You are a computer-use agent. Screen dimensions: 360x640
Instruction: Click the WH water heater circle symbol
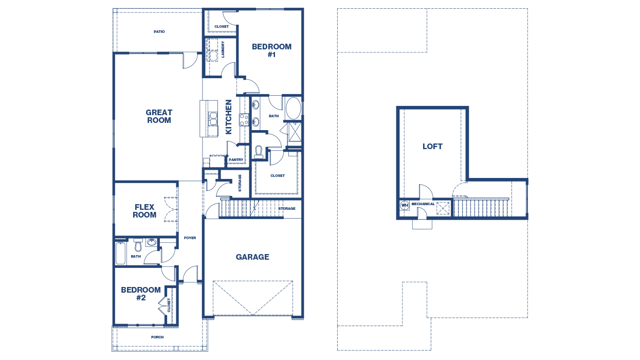pyautogui.click(x=405, y=205)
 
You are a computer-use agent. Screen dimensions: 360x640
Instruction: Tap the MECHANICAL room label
pyautogui.click(x=423, y=204)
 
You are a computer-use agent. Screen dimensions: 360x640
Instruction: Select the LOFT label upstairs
pyautogui.click(x=432, y=147)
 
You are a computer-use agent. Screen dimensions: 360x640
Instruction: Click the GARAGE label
pyautogui.click(x=252, y=257)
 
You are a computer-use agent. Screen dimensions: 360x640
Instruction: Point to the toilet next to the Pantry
pyautogui.click(x=259, y=152)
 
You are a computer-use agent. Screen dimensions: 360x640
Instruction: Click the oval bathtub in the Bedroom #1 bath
pyautogui.click(x=294, y=109)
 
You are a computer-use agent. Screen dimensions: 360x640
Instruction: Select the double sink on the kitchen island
pyautogui.click(x=213, y=119)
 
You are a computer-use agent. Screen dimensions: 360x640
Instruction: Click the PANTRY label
pyautogui.click(x=236, y=160)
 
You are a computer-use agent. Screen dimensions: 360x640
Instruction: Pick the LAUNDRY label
pyautogui.click(x=223, y=49)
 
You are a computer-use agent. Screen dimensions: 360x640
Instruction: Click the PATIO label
pyautogui.click(x=159, y=32)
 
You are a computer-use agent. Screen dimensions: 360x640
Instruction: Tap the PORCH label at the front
pyautogui.click(x=157, y=337)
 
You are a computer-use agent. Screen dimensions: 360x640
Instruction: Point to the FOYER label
pyautogui.click(x=190, y=238)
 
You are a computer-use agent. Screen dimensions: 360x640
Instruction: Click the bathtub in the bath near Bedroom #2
pyautogui.click(x=121, y=253)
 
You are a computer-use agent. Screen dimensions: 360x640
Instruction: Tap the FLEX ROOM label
pyautogui.click(x=144, y=211)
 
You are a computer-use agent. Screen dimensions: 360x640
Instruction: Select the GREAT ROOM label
pyautogui.click(x=159, y=116)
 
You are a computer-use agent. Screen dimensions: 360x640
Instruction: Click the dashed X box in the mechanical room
pyautogui.click(x=443, y=208)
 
